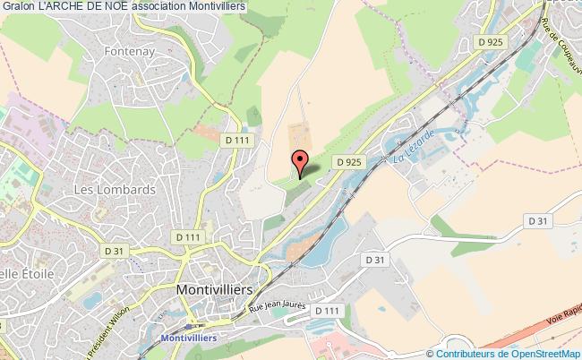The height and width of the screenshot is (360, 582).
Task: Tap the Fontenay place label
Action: [129, 52]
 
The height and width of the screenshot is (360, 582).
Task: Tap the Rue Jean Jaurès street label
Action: [278, 308]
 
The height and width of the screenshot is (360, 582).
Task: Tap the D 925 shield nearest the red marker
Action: [349, 160]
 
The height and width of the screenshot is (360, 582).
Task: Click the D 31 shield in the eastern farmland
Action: [537, 220]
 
